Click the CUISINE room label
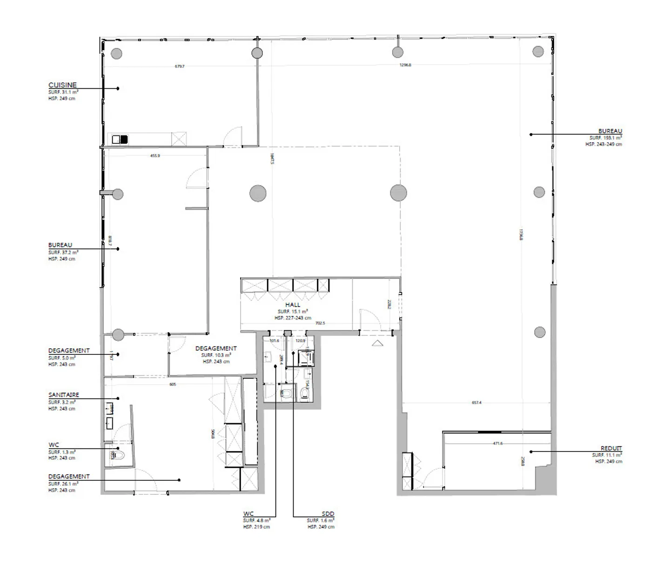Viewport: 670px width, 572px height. tap(62, 85)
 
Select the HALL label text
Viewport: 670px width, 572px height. tap(293, 305)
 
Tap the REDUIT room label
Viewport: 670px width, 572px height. tap(611, 448)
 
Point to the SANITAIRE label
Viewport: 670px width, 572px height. tap(64, 395)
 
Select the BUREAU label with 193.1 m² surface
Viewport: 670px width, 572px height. tap(610, 131)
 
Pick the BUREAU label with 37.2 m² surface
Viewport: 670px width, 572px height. tap(60, 245)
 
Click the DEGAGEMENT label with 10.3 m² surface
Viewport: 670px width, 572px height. tap(216, 348)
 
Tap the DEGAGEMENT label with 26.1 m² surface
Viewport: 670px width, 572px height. tap(69, 477)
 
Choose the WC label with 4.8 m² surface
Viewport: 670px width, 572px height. tap(248, 514)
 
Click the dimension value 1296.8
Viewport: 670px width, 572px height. tap(405, 65)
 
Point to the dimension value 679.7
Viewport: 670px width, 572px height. tap(180, 67)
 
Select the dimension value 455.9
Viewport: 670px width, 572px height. tap(155, 156)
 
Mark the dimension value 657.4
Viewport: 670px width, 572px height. tap(476, 403)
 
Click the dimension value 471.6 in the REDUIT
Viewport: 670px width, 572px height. tap(497, 444)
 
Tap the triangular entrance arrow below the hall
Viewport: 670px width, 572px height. tap(377, 344)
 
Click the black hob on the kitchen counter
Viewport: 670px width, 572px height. tap(124, 139)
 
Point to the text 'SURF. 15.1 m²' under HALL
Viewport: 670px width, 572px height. tap(293, 312)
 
